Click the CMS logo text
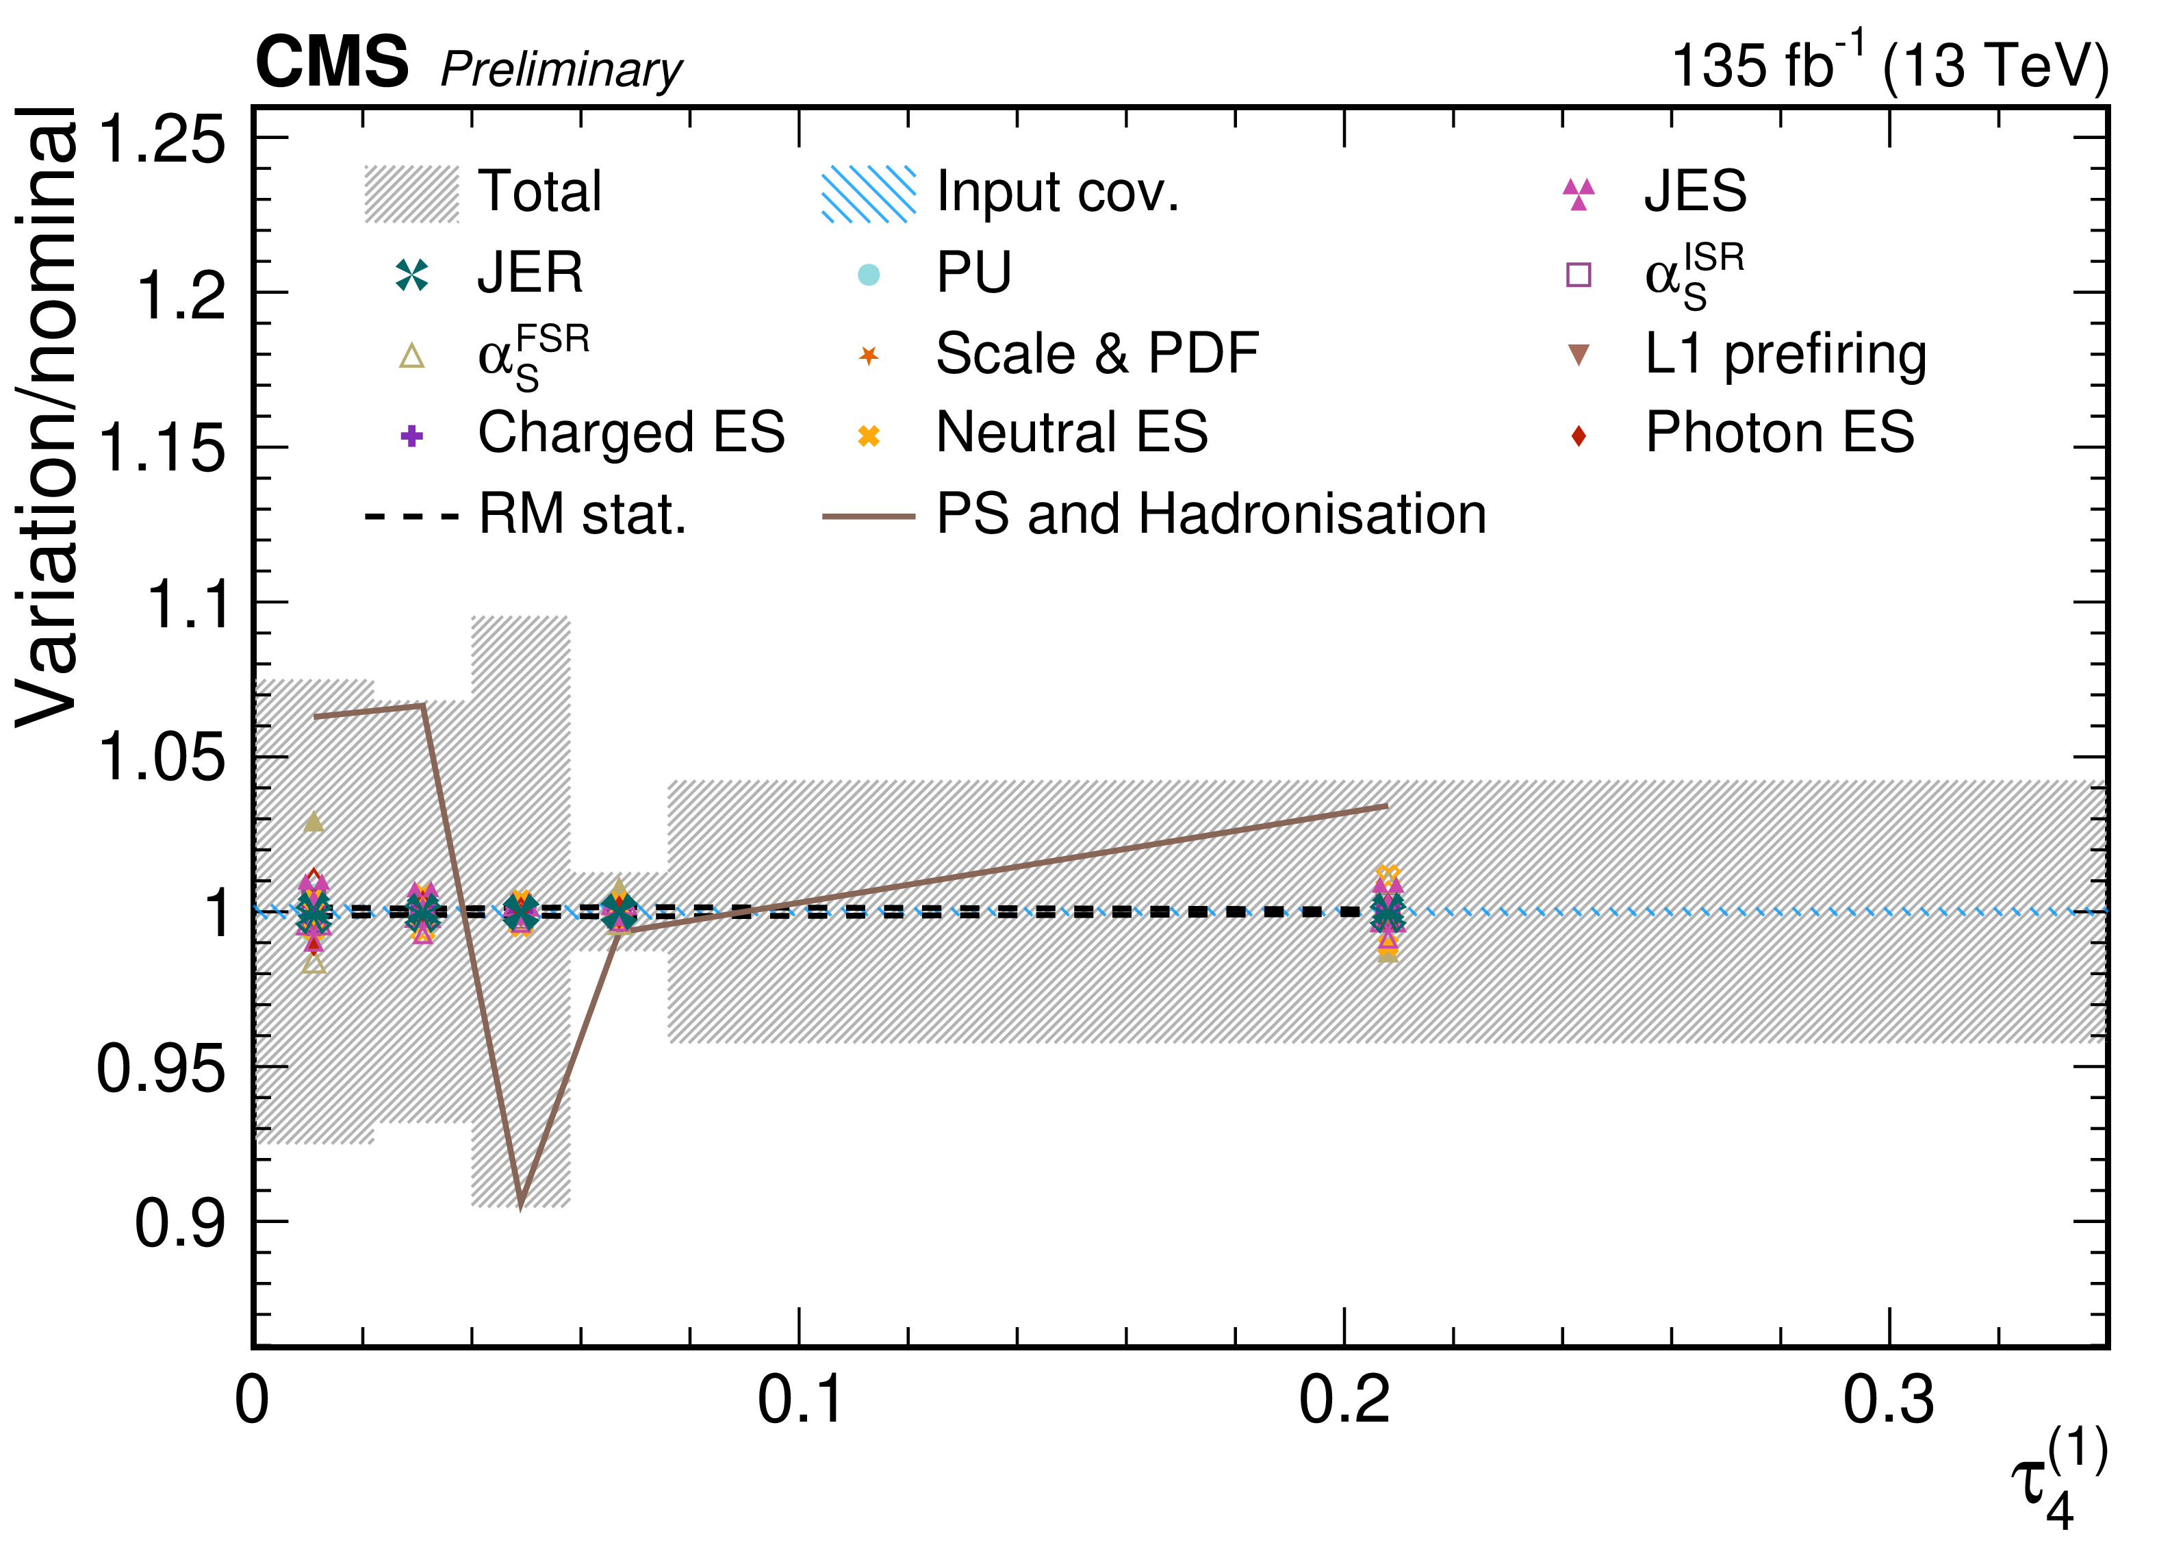coord(332,63)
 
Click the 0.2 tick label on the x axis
coord(1344,1400)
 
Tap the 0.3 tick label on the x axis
coord(1889,1400)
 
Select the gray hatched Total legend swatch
coord(412,194)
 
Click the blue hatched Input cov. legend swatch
coord(868,194)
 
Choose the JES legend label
coord(1695,191)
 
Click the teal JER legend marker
coord(412,275)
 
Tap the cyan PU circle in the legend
coord(868,275)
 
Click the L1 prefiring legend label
coord(1785,354)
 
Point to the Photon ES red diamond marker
coord(1579,436)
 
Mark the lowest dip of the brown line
coord(520,1205)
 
